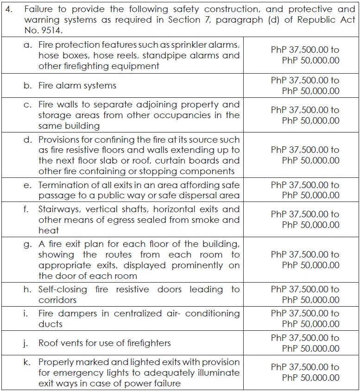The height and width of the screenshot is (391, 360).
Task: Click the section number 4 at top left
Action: [8, 9]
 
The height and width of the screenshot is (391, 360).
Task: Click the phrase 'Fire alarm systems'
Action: [77, 86]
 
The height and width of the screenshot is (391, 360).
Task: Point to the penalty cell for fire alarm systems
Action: [305, 86]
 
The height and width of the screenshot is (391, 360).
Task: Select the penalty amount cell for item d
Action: [305, 155]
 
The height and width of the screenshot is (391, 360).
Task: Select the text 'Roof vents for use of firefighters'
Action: [104, 343]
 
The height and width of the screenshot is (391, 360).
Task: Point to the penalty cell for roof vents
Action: [305, 343]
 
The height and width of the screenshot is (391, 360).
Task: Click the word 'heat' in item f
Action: [49, 230]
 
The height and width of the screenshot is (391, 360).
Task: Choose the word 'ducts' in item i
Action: [51, 324]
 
